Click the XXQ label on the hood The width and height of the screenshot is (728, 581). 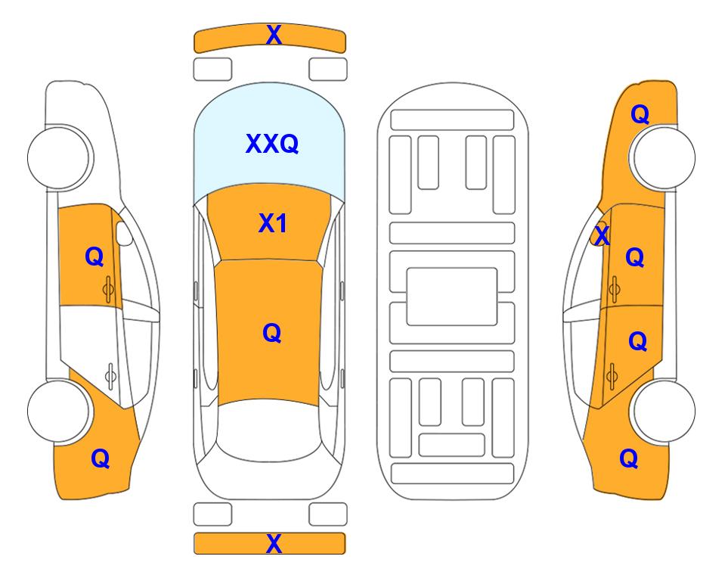(x=272, y=144)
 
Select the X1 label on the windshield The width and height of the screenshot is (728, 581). (x=273, y=223)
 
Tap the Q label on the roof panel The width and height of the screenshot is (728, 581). (x=271, y=333)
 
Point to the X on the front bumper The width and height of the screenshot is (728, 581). (x=274, y=35)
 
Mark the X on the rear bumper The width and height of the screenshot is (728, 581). (x=274, y=543)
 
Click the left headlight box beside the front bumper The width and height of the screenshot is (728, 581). (x=212, y=70)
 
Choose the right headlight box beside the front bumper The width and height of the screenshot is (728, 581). (x=328, y=70)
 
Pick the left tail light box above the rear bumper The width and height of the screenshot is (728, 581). (x=212, y=514)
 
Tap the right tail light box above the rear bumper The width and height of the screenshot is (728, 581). (x=328, y=514)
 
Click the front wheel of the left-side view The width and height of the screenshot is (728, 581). (x=58, y=157)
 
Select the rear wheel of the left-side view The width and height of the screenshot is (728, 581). (x=58, y=411)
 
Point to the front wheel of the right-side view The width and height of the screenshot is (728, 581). (x=664, y=157)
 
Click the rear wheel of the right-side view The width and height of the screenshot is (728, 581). (x=664, y=411)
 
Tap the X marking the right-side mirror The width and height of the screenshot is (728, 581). (x=602, y=235)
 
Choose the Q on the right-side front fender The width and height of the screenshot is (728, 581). (x=640, y=114)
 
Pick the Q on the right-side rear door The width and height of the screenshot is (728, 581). (x=637, y=341)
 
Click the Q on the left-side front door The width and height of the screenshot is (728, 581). (x=94, y=256)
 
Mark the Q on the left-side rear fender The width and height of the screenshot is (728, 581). (x=101, y=458)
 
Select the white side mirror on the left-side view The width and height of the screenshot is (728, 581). (x=124, y=233)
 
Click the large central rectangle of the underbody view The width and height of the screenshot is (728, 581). (x=452, y=297)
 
